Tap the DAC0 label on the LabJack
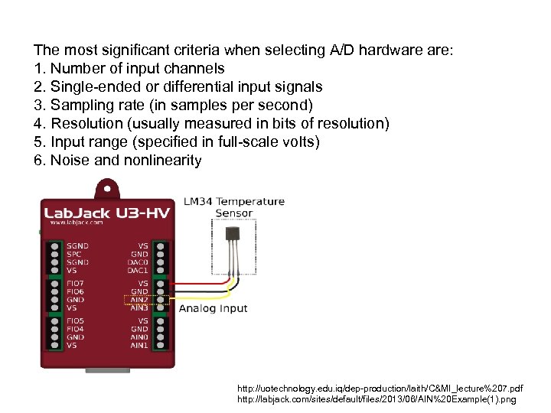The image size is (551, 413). click(x=138, y=262)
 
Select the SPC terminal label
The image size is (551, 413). click(x=74, y=254)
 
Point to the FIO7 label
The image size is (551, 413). click(x=76, y=283)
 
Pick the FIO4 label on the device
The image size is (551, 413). click(x=76, y=329)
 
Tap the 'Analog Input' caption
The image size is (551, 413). click(x=214, y=308)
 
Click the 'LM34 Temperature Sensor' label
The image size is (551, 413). click(x=234, y=206)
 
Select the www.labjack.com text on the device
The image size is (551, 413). click(x=76, y=223)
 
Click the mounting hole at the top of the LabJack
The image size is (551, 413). click(x=106, y=185)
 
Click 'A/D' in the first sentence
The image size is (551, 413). click(x=344, y=50)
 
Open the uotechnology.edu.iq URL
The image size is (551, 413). click(x=381, y=389)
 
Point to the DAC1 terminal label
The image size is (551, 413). click(x=138, y=271)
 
